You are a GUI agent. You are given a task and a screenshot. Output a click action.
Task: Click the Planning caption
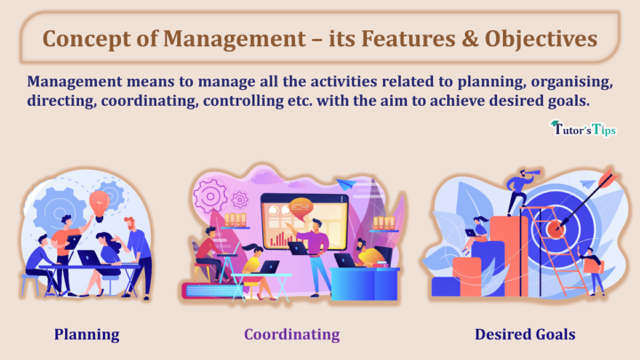coord(86,334)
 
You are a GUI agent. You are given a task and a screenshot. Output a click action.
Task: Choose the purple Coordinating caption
coord(292,334)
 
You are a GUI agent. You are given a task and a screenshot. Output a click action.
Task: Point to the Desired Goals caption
coord(524,334)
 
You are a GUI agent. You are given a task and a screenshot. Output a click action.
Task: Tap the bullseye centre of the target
coord(556,228)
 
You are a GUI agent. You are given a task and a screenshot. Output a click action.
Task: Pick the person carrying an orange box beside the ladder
coord(590,267)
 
